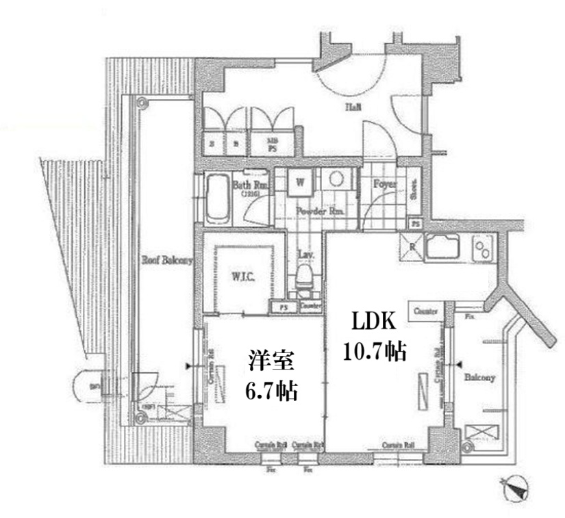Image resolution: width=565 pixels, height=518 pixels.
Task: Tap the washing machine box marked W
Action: coord(301,182)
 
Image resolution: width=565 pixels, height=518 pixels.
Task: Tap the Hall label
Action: coord(353,107)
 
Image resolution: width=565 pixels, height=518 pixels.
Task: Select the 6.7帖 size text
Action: coord(271,390)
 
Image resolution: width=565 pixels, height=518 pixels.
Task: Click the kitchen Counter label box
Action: coord(425,311)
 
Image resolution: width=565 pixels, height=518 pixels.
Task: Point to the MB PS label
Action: coord(271,144)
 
